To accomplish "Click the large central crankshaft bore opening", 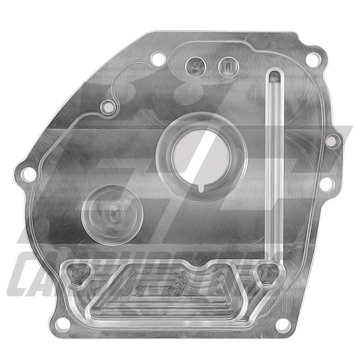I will [x=201, y=155].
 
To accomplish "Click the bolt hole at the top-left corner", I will [x=157, y=58].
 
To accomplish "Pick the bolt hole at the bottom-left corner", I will [x=63, y=324].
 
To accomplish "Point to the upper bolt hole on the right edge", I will [x=331, y=141].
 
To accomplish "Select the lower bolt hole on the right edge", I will [x=327, y=183].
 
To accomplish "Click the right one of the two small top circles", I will [x=227, y=67].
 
